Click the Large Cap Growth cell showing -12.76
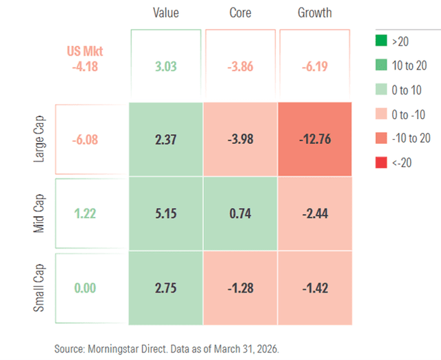pos(314,140)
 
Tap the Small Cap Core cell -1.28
pos(240,288)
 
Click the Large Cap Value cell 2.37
pos(166,140)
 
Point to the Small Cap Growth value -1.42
pos(314,288)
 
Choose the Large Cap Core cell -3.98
pos(240,140)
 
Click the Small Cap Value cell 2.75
pos(166,288)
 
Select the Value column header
pos(166,13)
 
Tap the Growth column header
pos(314,13)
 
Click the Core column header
pos(240,13)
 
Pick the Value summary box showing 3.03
pos(166,65)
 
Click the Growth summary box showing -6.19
pos(314,65)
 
